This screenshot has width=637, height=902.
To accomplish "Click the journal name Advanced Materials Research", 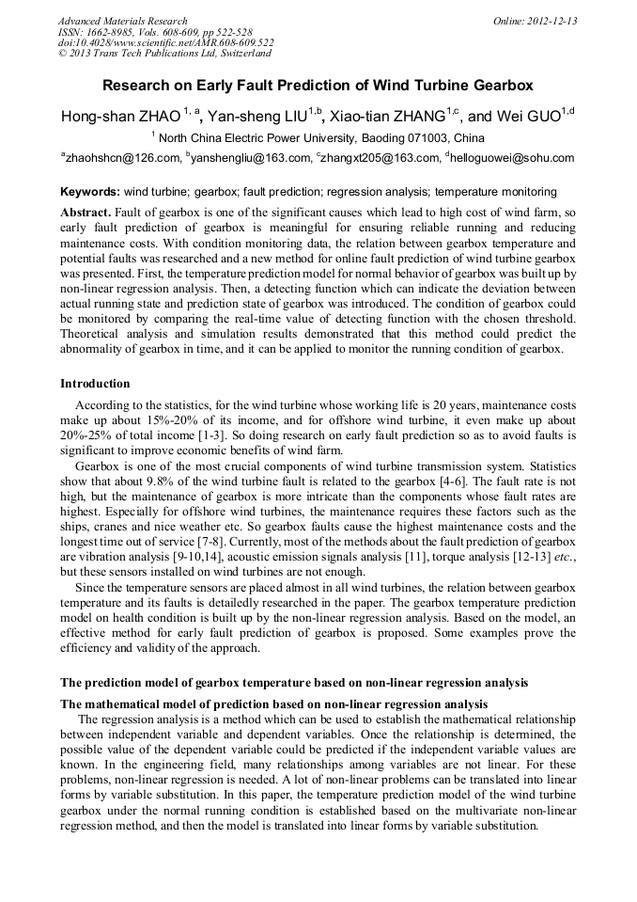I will click(122, 20).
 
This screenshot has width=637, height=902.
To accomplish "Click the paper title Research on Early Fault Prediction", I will click(318, 85).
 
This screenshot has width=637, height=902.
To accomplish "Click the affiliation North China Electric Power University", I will click(318, 137).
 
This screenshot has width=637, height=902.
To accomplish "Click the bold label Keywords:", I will click(90, 191).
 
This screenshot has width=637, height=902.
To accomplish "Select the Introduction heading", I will click(95, 384).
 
